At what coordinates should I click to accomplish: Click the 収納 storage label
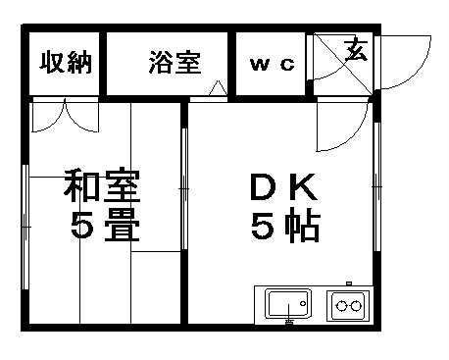66,64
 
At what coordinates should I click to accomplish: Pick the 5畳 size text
103,228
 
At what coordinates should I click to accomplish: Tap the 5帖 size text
284,228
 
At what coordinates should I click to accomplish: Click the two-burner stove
348,304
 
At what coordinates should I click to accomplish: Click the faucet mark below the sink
288,320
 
